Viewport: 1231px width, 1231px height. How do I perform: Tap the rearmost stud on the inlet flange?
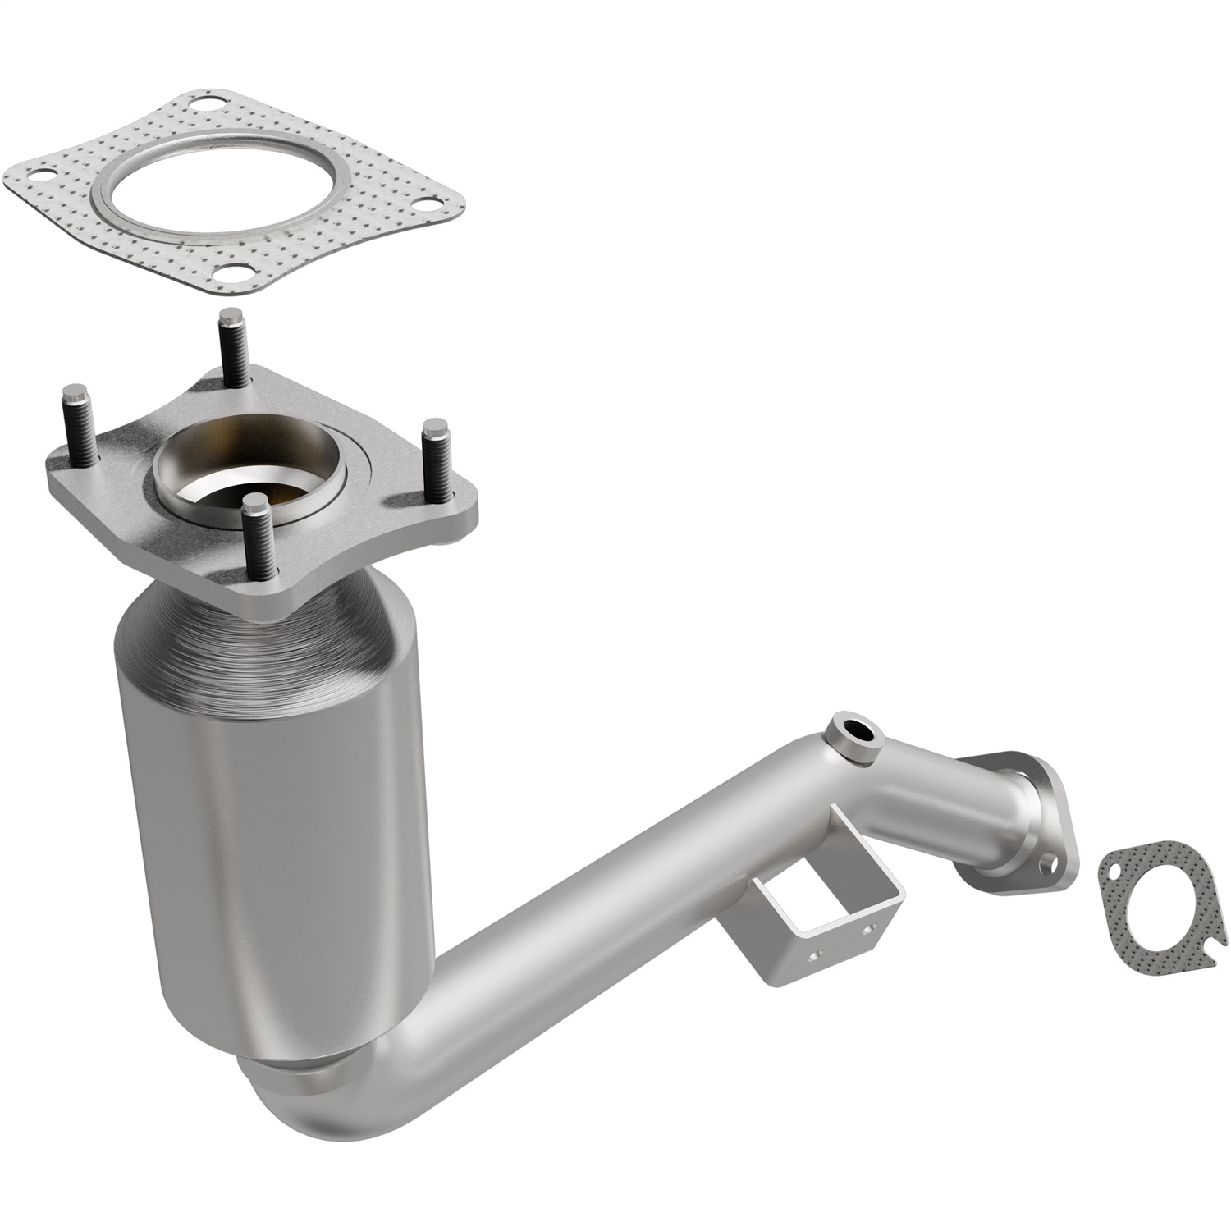229,345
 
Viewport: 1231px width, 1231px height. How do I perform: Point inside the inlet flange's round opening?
246,472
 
